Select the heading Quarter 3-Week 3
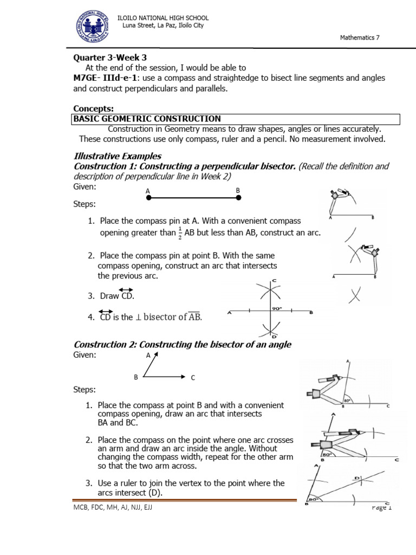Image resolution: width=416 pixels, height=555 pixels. tap(110, 57)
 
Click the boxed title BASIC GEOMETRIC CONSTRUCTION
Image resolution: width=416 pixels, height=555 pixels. tap(147, 119)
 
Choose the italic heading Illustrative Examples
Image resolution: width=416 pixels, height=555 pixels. tap(118, 156)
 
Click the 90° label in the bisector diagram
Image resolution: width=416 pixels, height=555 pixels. tap(276, 308)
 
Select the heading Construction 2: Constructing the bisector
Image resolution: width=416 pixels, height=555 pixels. tap(183, 345)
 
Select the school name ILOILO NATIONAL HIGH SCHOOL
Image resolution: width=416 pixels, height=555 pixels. tap(163, 18)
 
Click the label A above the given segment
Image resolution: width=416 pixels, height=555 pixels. tap(147, 191)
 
